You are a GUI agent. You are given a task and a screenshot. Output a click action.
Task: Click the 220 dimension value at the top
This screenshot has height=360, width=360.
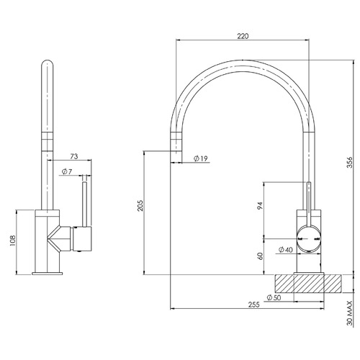[x=243, y=36]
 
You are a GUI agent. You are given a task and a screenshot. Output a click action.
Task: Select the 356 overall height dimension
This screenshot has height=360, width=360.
[x=350, y=162]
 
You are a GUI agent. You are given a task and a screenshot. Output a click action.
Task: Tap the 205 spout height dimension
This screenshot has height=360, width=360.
[x=140, y=205]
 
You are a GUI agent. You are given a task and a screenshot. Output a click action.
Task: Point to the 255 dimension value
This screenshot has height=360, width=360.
[x=254, y=305]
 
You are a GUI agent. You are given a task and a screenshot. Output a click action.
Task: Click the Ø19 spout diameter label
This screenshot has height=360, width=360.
[x=200, y=158]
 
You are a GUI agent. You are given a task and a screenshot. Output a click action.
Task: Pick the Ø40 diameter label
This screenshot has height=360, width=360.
[x=286, y=250]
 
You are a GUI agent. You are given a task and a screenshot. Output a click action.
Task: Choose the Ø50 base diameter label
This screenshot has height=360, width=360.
[x=274, y=297]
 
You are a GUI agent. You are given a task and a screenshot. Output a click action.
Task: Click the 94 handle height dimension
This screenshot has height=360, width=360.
[x=260, y=206]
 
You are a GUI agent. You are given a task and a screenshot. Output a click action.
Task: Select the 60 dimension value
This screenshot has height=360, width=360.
[x=260, y=256]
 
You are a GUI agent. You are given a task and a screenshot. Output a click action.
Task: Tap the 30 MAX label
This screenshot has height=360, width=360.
[x=350, y=313]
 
